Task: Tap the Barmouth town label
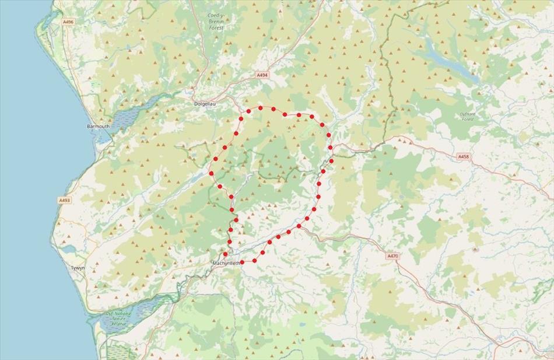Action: point(97,126)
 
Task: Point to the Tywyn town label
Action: point(78,268)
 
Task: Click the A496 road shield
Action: point(68,22)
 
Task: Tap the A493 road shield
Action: point(64,200)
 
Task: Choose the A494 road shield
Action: point(262,75)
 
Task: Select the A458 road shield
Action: point(463,156)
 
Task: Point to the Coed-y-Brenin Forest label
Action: point(216,22)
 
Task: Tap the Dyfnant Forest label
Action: point(468,116)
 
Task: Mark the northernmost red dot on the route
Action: point(261,108)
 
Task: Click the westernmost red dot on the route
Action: point(212,173)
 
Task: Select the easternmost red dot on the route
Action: point(331,160)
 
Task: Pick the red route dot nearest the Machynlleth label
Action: point(225,254)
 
